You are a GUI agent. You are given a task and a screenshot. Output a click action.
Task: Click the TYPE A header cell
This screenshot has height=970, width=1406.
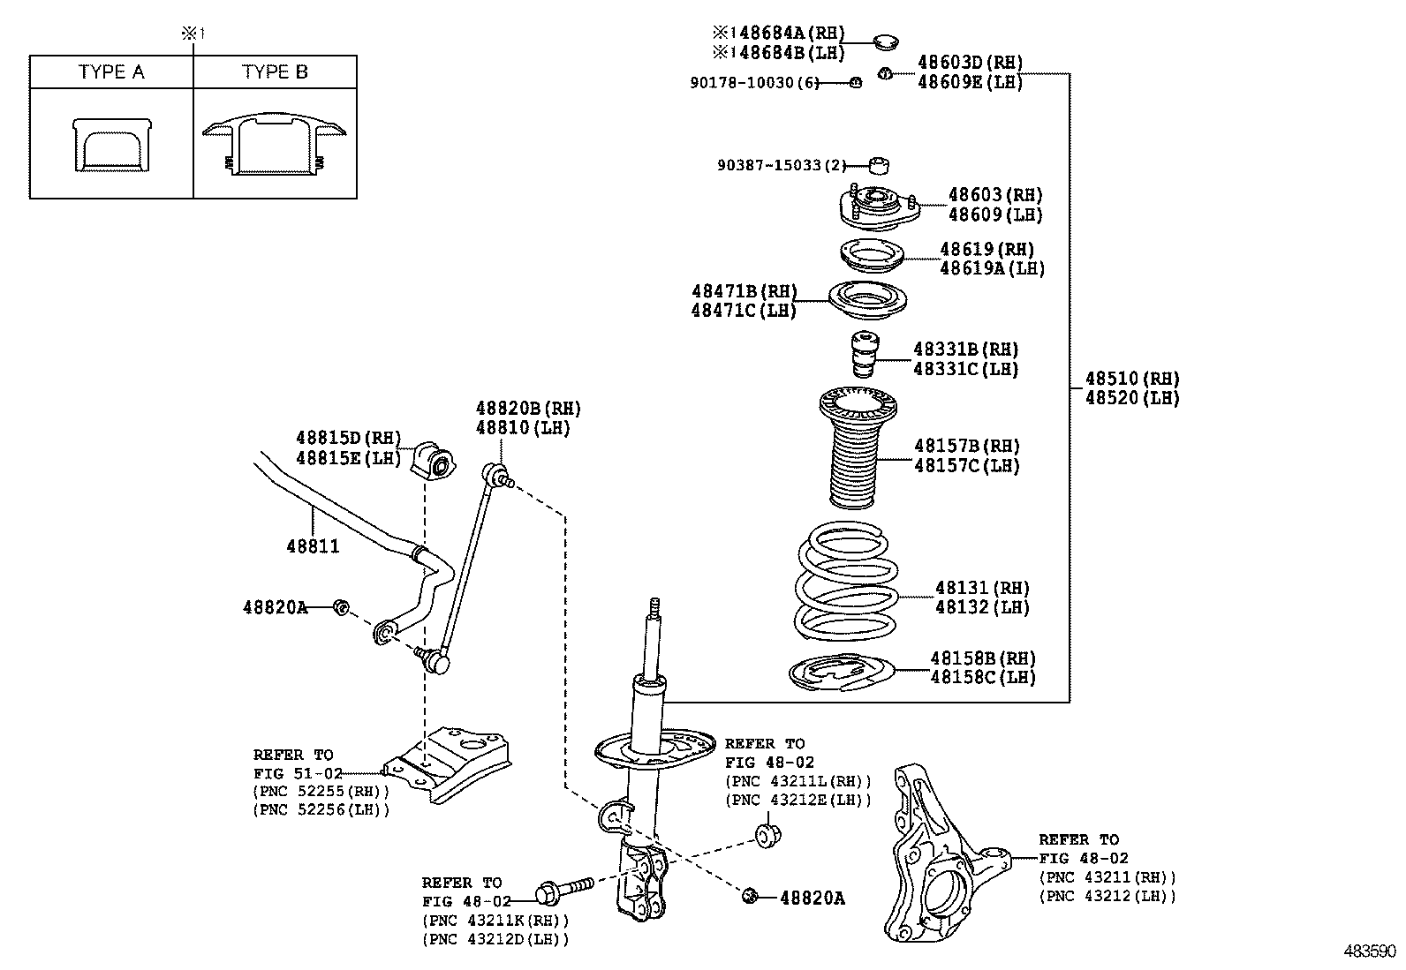pos(111,72)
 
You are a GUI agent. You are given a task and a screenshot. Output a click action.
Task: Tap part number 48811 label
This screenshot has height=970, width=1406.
pos(313,546)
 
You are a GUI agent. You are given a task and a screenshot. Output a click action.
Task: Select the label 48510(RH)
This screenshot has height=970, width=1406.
pos(1132,379)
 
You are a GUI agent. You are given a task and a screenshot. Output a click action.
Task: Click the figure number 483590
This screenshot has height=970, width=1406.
pos(1370,951)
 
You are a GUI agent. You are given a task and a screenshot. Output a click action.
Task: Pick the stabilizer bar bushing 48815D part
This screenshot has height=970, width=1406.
pos(432,458)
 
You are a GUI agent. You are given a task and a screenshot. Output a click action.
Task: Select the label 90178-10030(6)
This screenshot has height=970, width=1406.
pos(754,83)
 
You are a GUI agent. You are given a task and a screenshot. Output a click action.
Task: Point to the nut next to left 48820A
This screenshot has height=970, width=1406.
pos(341,607)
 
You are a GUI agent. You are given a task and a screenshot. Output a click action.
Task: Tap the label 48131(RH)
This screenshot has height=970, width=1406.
pos(983,588)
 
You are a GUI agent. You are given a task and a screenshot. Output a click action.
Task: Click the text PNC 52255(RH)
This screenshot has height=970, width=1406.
pos(321,791)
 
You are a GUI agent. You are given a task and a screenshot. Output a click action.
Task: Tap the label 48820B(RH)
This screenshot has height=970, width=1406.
pos(528,409)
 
